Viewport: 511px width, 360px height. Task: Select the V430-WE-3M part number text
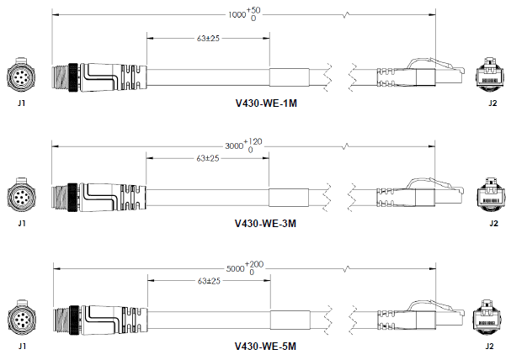266,224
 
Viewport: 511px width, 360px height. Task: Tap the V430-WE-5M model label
266,347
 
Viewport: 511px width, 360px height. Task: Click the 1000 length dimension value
237,14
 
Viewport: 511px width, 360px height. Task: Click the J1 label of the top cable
22,104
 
